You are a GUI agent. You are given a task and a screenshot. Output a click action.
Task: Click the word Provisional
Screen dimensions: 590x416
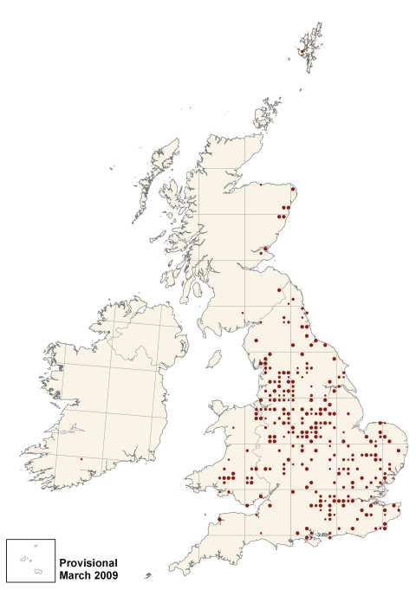pos(89,562)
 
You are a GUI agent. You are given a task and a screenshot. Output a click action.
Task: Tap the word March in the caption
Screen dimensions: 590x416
pos(75,574)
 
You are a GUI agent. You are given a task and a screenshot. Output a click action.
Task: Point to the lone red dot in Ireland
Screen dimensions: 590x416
pos(81,459)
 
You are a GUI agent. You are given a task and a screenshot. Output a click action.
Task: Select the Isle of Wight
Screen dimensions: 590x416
pos(306,543)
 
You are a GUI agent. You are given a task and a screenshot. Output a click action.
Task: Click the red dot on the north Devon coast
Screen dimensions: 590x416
pos(220,520)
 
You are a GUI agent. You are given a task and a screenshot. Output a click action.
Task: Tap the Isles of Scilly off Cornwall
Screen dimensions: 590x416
pos(148,575)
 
